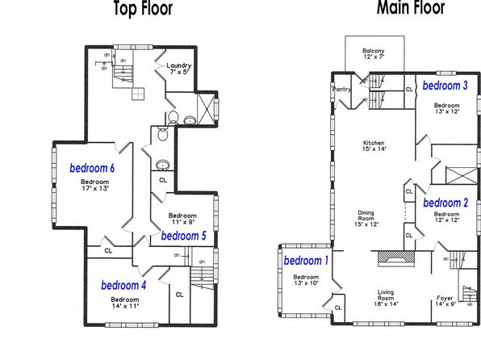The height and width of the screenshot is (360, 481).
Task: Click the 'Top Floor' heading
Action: (144, 8)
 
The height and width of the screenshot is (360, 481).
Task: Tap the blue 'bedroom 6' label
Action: (92, 168)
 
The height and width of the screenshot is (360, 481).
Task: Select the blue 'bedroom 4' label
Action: (123, 286)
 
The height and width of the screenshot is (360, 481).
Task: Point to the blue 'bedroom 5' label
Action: (183, 236)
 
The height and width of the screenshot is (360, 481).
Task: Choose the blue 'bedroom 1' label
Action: (306, 261)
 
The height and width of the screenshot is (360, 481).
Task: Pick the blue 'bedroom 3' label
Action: (445, 86)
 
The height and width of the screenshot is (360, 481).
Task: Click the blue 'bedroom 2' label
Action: (445, 203)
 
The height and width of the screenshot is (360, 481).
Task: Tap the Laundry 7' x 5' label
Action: (179, 69)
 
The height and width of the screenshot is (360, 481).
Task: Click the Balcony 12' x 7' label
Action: (374, 54)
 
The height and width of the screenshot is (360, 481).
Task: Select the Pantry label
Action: (341, 90)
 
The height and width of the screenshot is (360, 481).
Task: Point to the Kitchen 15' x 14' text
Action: (374, 146)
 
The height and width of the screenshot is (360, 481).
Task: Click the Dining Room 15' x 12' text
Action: (366, 218)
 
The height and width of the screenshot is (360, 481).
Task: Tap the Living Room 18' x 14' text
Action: (386, 298)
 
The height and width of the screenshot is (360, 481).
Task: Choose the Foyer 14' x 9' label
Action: (445, 301)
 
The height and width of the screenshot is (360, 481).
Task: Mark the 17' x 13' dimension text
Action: (95, 188)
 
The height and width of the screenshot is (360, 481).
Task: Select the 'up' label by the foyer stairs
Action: (470, 304)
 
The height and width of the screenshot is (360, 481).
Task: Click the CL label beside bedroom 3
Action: (409, 90)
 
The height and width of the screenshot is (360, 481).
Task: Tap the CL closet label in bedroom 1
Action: (338, 308)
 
